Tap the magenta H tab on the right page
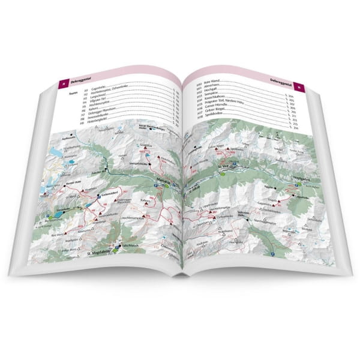coord(304,88)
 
